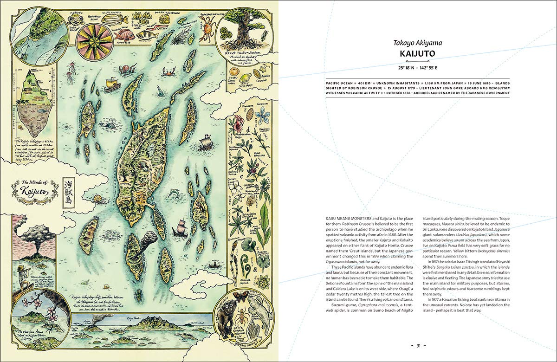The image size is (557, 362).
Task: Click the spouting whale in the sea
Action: tap(111, 124)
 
